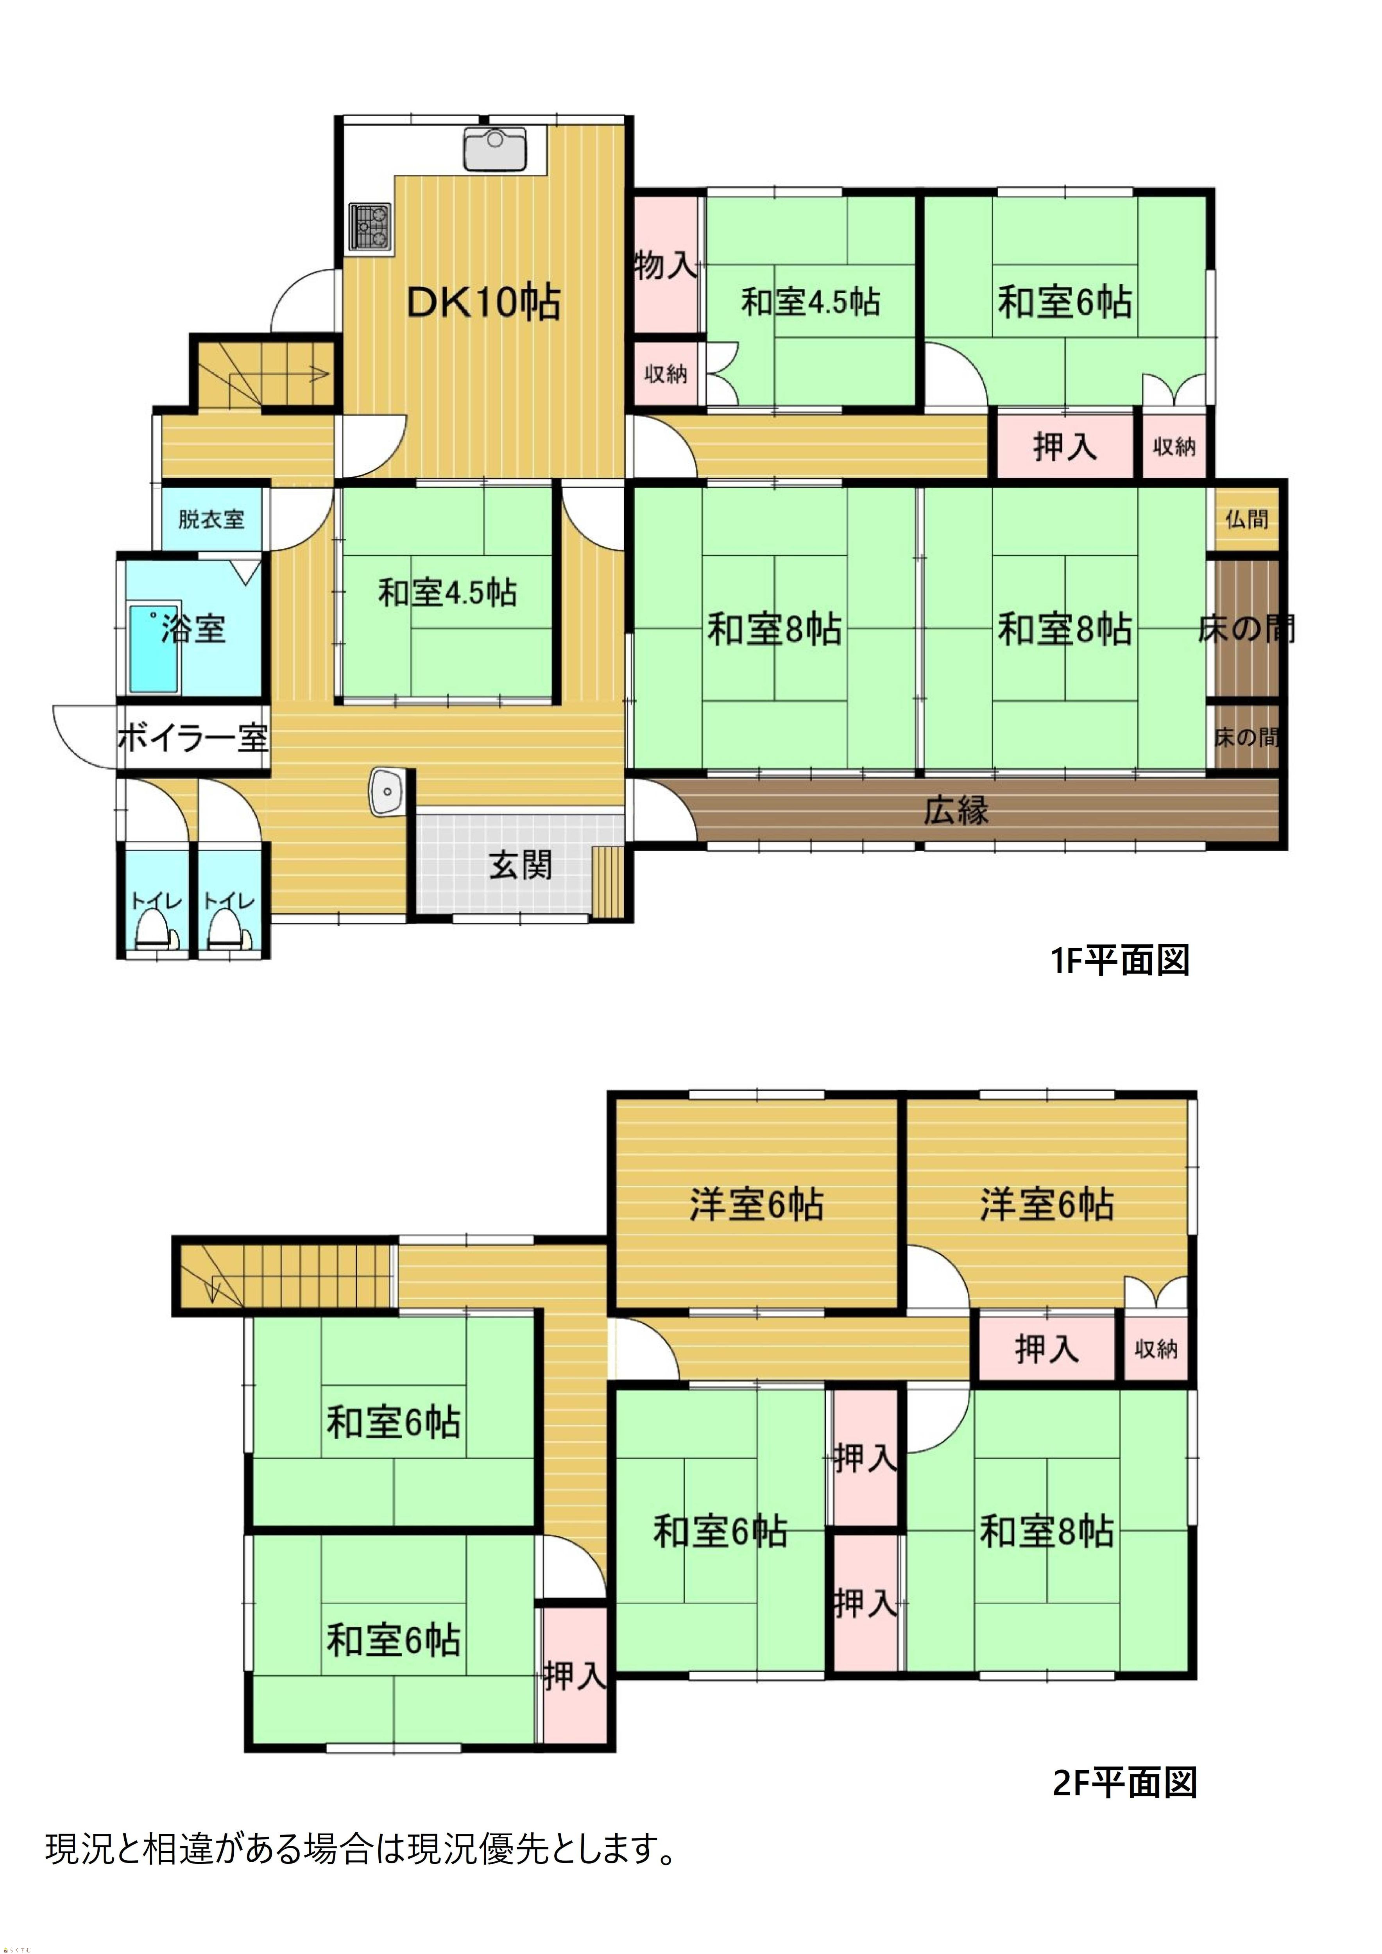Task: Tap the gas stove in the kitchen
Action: point(370,226)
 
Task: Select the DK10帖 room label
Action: point(483,302)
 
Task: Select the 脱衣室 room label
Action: point(211,519)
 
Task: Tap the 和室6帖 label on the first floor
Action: point(1065,302)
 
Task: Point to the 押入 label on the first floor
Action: point(1065,446)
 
